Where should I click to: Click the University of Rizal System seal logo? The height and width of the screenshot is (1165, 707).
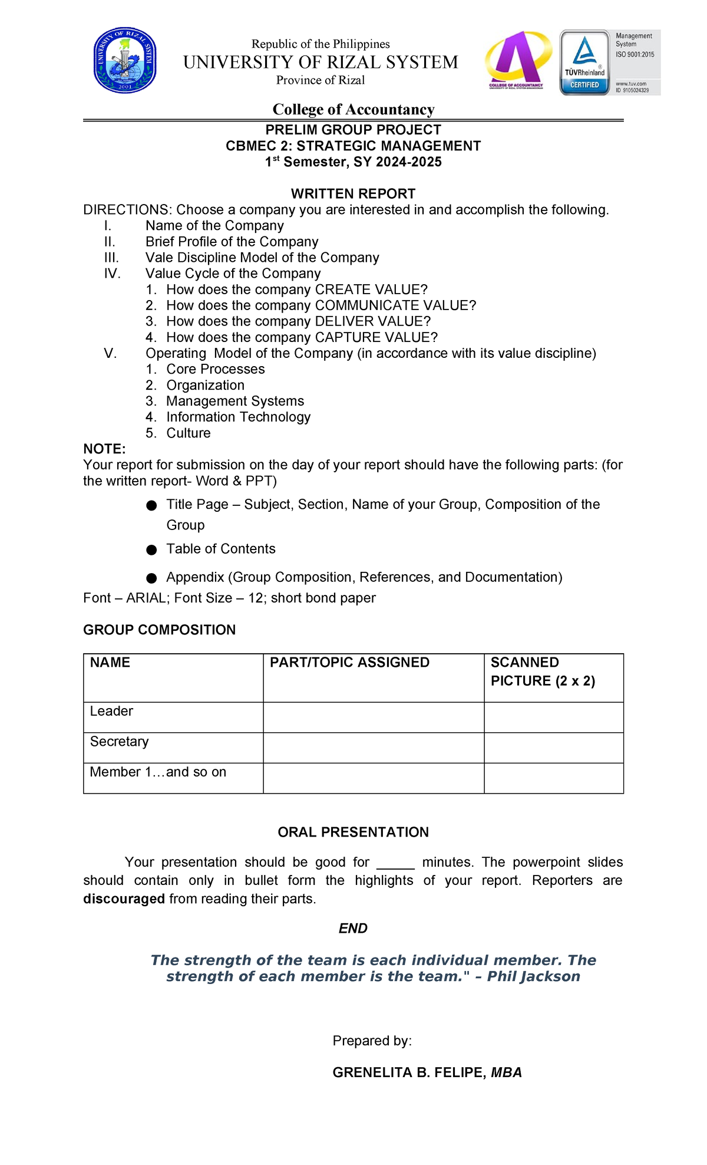(125, 61)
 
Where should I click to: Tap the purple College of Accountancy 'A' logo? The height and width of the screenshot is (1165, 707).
(517, 60)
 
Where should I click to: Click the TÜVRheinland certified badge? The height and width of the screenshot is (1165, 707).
(584, 62)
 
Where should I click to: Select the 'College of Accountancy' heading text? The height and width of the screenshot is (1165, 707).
(353, 110)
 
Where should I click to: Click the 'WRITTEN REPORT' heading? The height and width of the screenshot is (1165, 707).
(353, 194)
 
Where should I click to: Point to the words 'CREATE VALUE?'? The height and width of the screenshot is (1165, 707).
(371, 289)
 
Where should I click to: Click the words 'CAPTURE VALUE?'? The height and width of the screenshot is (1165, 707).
(376, 337)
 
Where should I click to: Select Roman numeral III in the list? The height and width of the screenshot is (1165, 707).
(111, 258)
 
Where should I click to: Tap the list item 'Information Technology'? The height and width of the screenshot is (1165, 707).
(238, 417)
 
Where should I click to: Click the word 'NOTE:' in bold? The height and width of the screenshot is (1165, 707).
(104, 449)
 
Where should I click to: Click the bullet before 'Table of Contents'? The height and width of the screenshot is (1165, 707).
(151, 550)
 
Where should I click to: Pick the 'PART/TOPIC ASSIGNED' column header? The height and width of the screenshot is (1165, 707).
(349, 663)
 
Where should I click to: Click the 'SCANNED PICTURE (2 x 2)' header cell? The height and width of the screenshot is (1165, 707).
(543, 672)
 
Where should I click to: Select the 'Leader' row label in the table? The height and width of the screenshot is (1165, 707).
(111, 711)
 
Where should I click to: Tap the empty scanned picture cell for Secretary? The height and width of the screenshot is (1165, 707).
(553, 748)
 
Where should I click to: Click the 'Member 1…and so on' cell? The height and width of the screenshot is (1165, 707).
(158, 772)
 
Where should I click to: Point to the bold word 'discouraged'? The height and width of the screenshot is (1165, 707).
(124, 899)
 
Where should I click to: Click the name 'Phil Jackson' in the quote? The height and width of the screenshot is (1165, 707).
(533, 976)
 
